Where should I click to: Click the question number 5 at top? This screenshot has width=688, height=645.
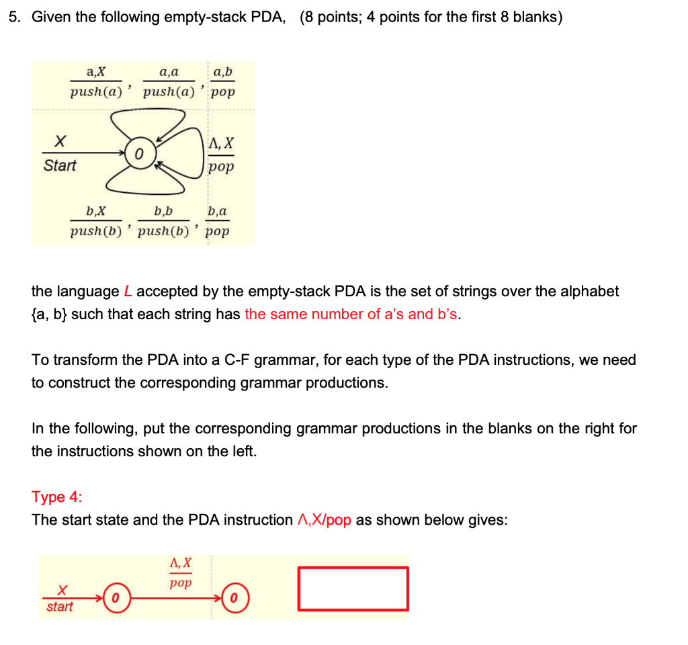tap(13, 17)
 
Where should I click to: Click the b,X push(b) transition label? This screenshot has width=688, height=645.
tap(96, 222)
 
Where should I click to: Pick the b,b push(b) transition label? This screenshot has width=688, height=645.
tap(163, 222)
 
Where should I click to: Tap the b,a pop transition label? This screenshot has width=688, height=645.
tap(218, 222)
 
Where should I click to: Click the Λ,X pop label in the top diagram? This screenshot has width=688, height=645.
tap(222, 155)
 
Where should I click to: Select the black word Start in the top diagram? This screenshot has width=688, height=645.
tap(60, 165)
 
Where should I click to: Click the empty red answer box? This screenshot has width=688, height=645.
tap(353, 589)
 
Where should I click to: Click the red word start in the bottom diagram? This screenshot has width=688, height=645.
tap(60, 607)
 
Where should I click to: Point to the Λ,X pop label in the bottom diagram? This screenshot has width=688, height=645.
tap(180, 572)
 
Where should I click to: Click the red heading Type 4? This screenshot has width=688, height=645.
tap(58, 497)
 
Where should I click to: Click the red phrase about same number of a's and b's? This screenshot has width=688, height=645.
tap(352, 314)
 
